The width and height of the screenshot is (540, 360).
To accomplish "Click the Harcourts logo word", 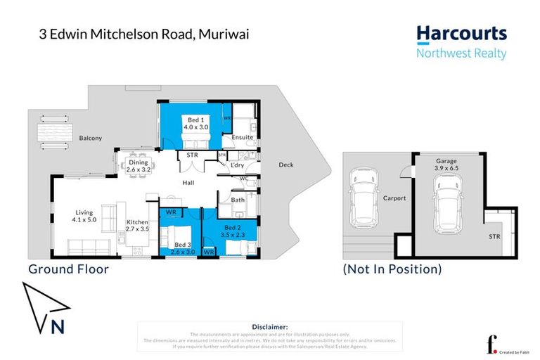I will pos(461,33).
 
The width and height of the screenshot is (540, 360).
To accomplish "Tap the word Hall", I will pos(188,183).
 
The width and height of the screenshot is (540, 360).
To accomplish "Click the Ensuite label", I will pos(242,137).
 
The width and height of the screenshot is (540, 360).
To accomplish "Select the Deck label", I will pos(286,165).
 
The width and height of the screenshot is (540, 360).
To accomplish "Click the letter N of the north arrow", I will pos(58,326).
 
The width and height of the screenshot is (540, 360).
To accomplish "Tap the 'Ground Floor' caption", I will pos(68,269).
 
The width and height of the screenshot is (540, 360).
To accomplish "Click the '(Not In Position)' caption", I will pos(392,269).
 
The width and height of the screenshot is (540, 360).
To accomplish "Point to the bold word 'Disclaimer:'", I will pos(269,327).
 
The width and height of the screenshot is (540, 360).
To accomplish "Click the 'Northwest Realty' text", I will pos(461,53).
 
